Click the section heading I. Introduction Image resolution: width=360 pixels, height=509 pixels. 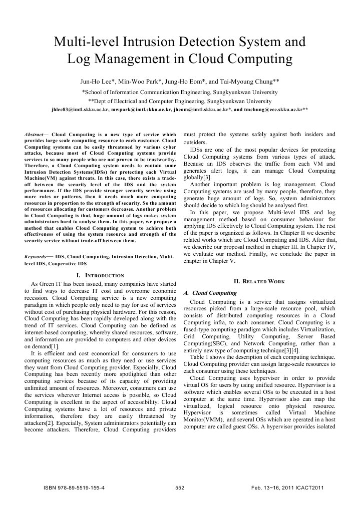point(100,275)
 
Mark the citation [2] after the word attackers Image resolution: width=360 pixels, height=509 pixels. point(49,423)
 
